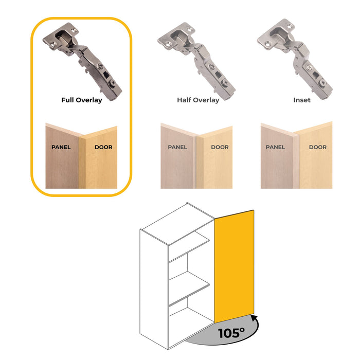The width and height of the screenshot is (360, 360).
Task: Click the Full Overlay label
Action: (81, 100)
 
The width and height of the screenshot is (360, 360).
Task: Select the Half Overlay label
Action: (198, 100)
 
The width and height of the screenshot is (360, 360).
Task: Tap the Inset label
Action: (302, 100)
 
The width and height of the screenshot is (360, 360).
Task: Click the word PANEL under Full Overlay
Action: (61, 148)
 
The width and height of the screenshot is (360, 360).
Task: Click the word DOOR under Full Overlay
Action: (103, 148)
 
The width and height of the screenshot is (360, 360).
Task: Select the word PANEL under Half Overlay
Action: (177, 148)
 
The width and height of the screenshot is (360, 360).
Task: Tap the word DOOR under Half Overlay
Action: (220, 148)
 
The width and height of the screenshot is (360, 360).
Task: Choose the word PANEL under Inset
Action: (275, 148)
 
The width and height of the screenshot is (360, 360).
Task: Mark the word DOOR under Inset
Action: (317, 148)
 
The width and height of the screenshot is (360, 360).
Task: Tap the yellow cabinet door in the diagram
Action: (234, 265)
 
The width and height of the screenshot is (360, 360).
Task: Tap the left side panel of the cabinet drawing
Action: (154, 288)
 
